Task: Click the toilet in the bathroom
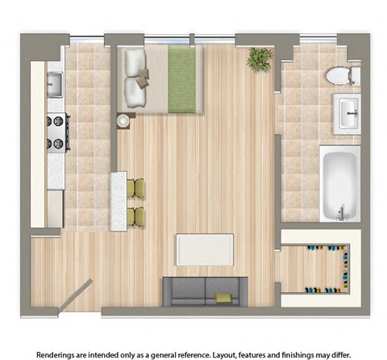click(x=341, y=76)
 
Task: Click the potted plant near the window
click(x=260, y=59)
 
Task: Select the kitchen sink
click(x=55, y=83)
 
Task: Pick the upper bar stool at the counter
click(x=138, y=188)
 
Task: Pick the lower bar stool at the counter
click(x=138, y=216)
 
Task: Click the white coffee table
click(x=205, y=249)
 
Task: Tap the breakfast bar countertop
click(x=119, y=201)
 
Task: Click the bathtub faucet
click(x=341, y=212)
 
